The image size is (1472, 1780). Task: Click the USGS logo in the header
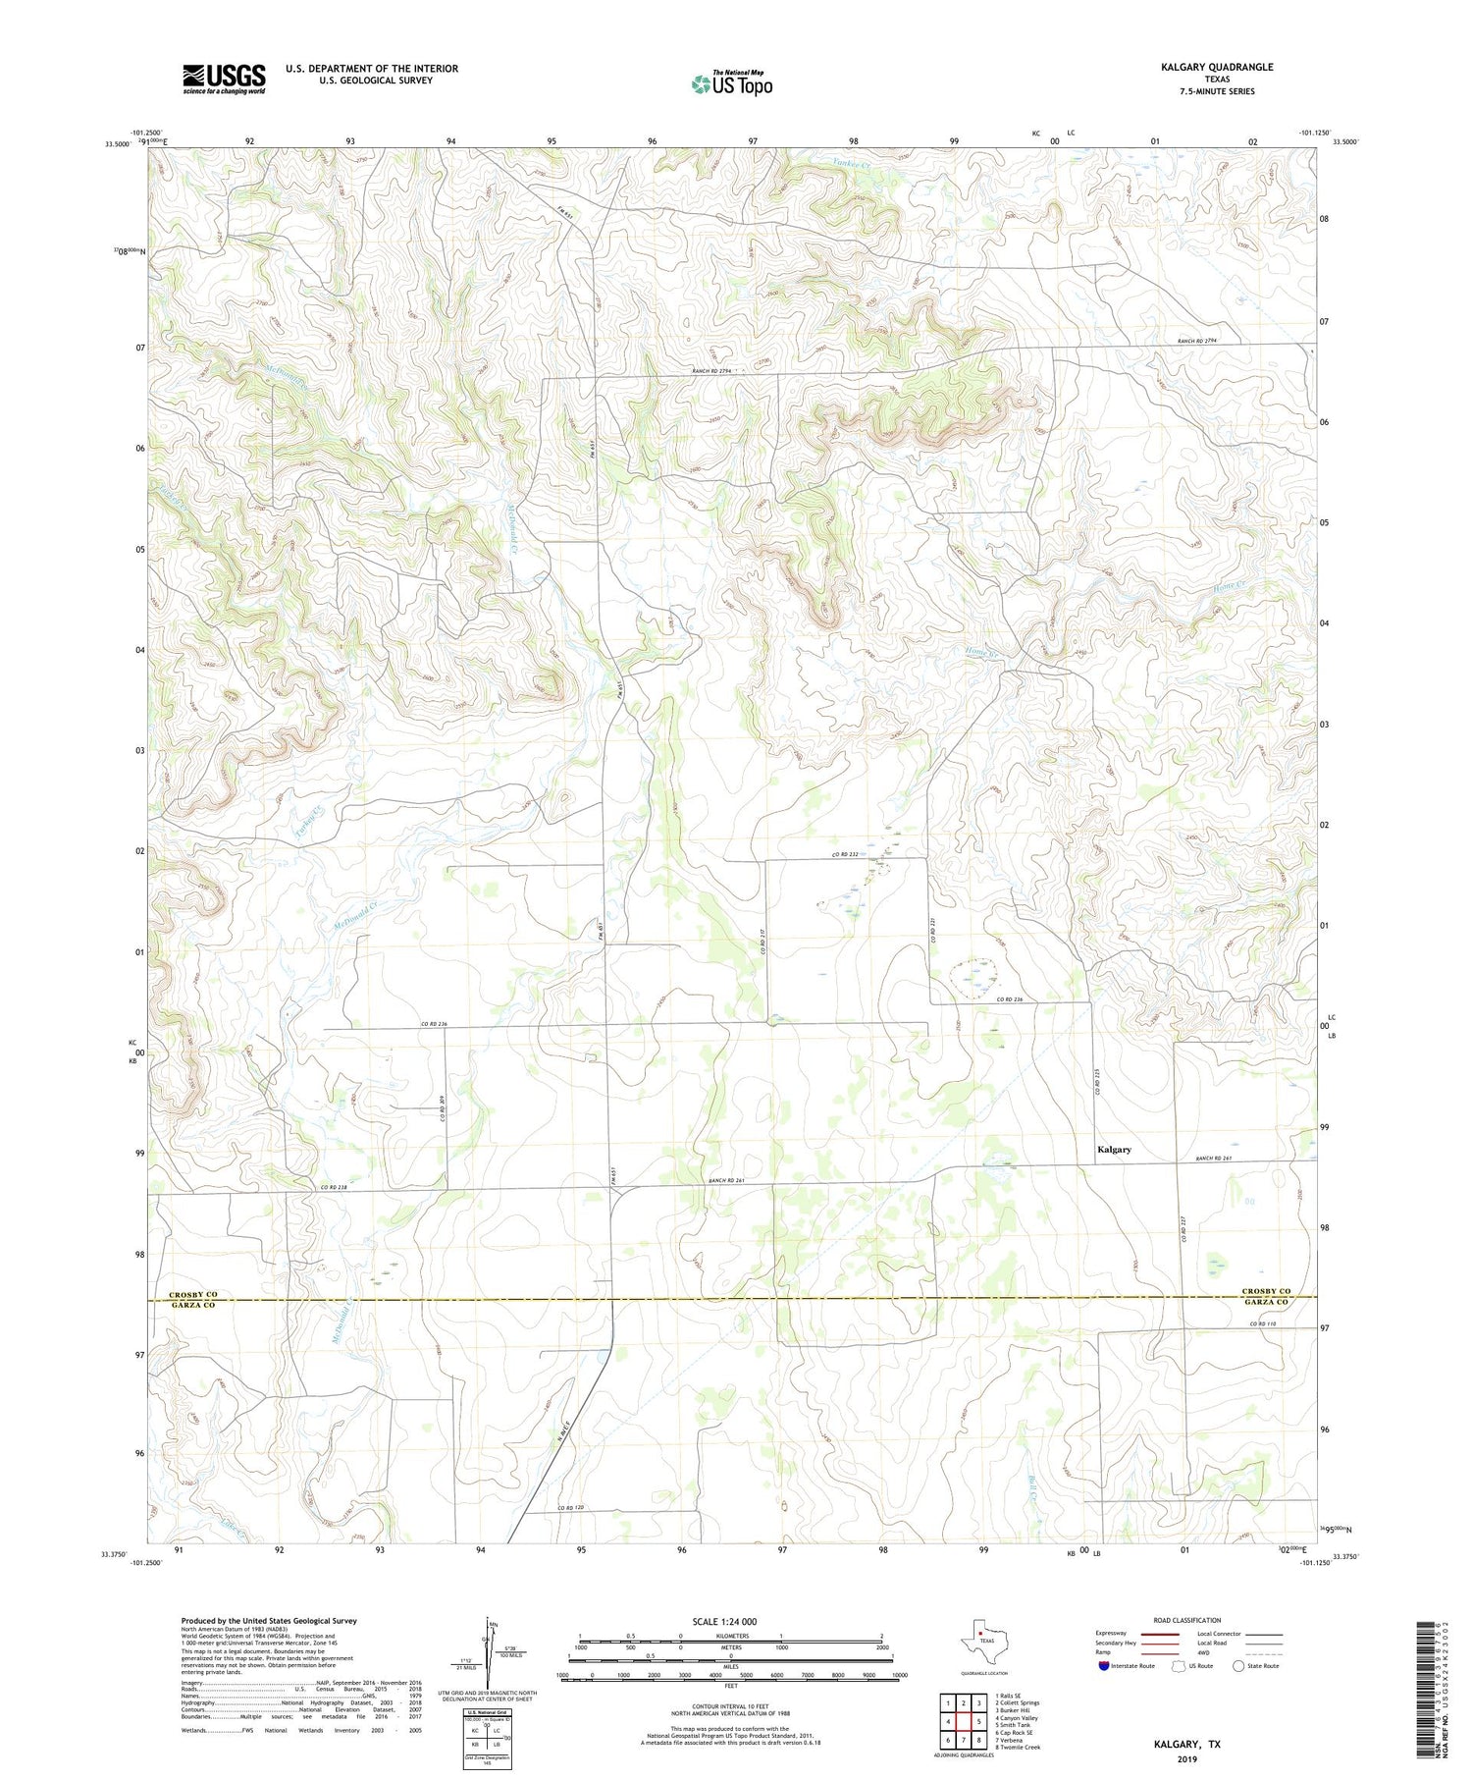(224, 79)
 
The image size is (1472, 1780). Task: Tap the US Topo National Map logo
(731, 83)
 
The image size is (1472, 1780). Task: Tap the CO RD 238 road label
(334, 1188)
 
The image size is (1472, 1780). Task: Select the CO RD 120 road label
(571, 1507)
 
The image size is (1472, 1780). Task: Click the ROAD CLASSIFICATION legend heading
(1187, 1620)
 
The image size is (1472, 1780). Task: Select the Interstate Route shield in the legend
(1104, 1666)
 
